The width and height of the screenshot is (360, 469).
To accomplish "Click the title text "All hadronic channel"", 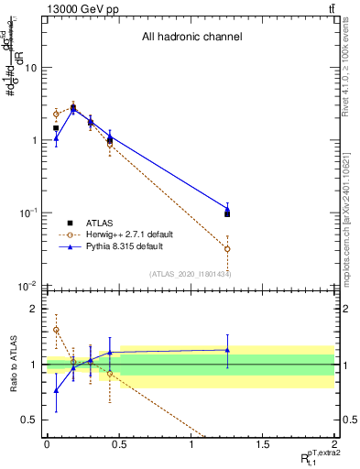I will coord(191,38).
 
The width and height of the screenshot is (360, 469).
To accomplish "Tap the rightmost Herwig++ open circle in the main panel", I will coord(227,249).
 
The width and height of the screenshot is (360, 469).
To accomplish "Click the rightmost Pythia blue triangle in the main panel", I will coord(227,210).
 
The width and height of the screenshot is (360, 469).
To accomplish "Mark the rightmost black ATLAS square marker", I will coord(227,214).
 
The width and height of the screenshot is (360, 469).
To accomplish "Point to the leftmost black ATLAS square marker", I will coord(56,128).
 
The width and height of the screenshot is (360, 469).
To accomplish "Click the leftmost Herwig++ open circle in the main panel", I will coord(56,114).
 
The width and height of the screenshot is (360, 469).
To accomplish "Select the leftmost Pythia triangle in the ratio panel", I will coord(56,390).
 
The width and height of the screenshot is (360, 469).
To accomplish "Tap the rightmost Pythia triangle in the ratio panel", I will coord(227,350).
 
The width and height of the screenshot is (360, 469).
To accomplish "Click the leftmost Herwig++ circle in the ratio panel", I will coord(56,330).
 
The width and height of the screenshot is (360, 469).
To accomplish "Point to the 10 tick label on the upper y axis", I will coord(31,68).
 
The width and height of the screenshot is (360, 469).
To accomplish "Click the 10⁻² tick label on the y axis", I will coord(29,286).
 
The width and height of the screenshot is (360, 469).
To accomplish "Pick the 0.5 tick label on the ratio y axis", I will coord(31,420).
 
